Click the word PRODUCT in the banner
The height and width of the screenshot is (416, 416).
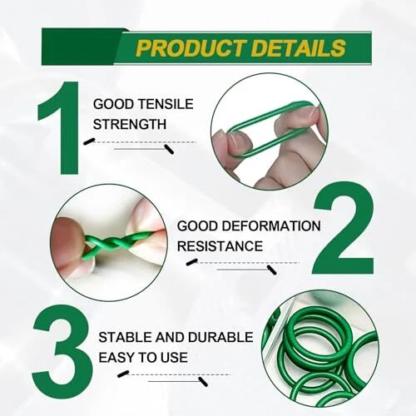coord(191,47)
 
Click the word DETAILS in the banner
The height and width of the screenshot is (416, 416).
coord(299,47)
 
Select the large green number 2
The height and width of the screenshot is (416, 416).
coord(343,227)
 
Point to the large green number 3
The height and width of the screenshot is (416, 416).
coord(62,349)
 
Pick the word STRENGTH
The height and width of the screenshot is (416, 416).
coord(130,124)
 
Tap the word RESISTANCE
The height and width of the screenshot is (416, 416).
coord(220,246)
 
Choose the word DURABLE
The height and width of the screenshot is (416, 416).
coord(220,337)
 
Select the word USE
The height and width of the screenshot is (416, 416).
coord(173,357)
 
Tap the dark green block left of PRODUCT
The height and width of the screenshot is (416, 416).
coord(82,47)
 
